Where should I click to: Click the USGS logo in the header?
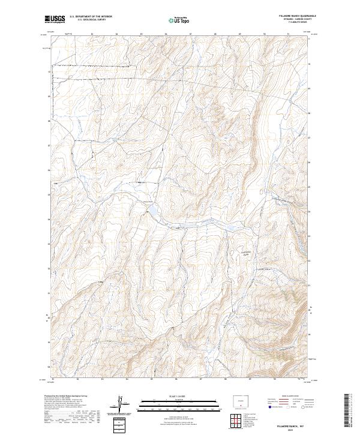click(55, 19)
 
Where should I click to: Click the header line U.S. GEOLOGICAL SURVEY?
click(91, 20)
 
